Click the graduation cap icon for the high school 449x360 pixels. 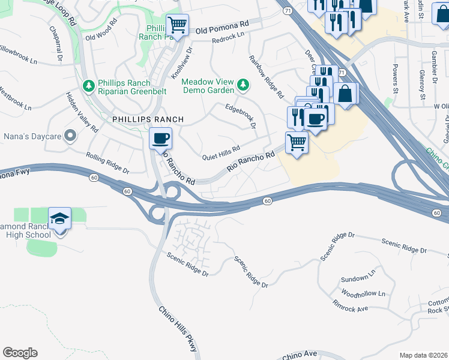pyautogui.click(x=59, y=218)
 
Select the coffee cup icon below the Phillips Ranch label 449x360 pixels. pyautogui.click(x=160, y=139)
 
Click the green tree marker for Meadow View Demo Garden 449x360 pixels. pyautogui.click(x=243, y=85)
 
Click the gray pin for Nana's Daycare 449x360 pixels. pyautogui.click(x=70, y=136)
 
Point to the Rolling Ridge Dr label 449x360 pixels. pyautogui.click(x=108, y=162)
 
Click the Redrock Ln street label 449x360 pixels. pyautogui.click(x=229, y=38)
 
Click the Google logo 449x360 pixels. pyautogui.click(x=20, y=353)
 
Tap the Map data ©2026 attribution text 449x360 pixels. pyautogui.click(x=423, y=355)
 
